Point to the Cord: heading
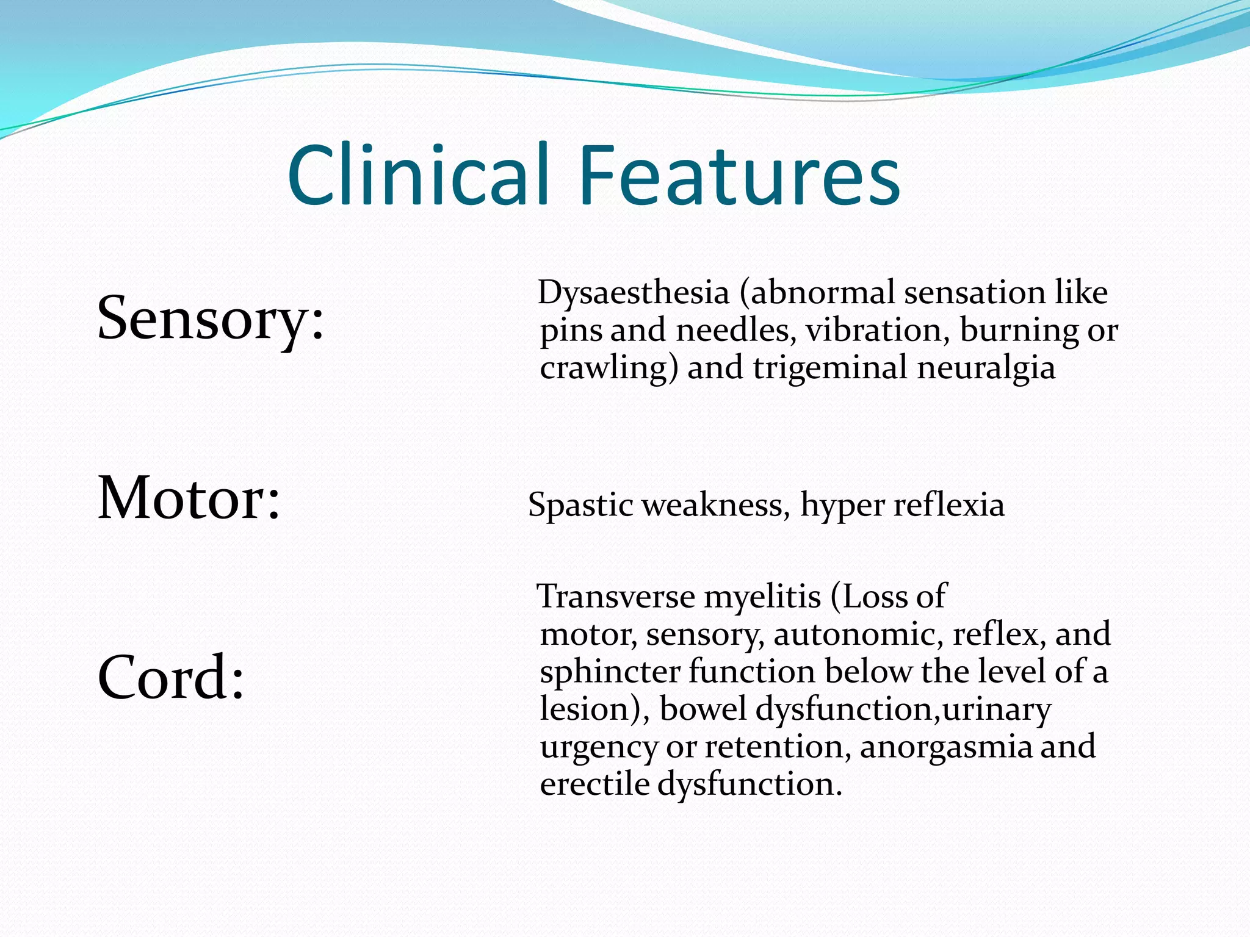tap(171, 678)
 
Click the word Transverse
tap(616, 597)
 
